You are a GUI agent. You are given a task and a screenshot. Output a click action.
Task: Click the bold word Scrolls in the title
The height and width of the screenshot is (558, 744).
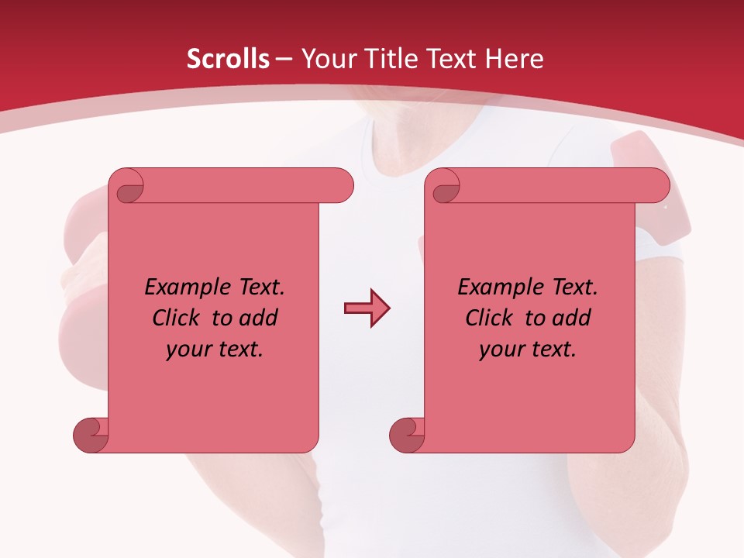click(229, 59)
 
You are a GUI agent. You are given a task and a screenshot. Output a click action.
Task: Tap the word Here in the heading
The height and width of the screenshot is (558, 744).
click(515, 59)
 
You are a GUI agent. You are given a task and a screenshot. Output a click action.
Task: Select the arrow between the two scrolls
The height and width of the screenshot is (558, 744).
click(367, 308)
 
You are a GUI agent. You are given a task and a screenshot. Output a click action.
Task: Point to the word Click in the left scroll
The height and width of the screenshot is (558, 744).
click(177, 318)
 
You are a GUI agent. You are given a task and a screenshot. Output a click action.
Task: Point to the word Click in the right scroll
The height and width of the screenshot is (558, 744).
click(491, 318)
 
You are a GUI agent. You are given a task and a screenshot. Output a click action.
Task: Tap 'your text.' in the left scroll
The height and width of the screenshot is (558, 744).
click(215, 350)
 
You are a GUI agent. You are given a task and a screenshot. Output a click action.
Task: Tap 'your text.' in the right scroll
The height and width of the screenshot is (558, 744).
click(528, 350)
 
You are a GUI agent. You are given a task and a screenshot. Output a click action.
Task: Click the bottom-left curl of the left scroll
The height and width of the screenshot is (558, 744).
click(90, 435)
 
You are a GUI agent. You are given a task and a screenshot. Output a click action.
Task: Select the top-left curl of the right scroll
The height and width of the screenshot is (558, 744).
click(445, 187)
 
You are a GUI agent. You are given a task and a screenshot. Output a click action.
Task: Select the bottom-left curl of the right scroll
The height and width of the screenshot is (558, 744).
click(406, 435)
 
